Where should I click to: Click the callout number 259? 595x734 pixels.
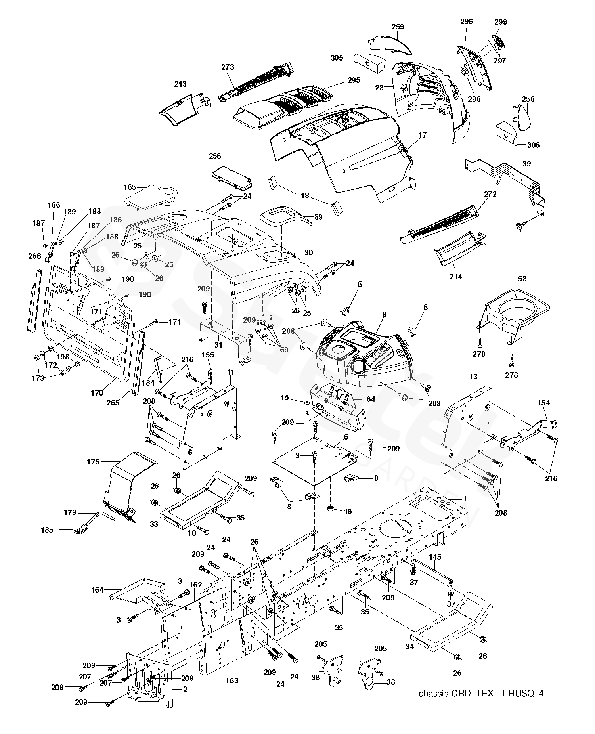point(398,27)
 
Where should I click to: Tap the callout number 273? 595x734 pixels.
point(228,67)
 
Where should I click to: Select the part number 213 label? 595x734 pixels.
point(180,84)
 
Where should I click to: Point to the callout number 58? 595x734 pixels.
point(522,279)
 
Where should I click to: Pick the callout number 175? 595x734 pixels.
point(93,462)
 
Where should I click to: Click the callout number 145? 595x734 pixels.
point(435,557)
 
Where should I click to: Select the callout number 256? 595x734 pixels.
point(215,156)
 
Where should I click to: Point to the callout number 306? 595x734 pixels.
point(534,145)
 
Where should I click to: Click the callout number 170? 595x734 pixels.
point(97,393)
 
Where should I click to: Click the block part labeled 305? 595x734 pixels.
point(369,62)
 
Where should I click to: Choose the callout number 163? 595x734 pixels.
point(232,680)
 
